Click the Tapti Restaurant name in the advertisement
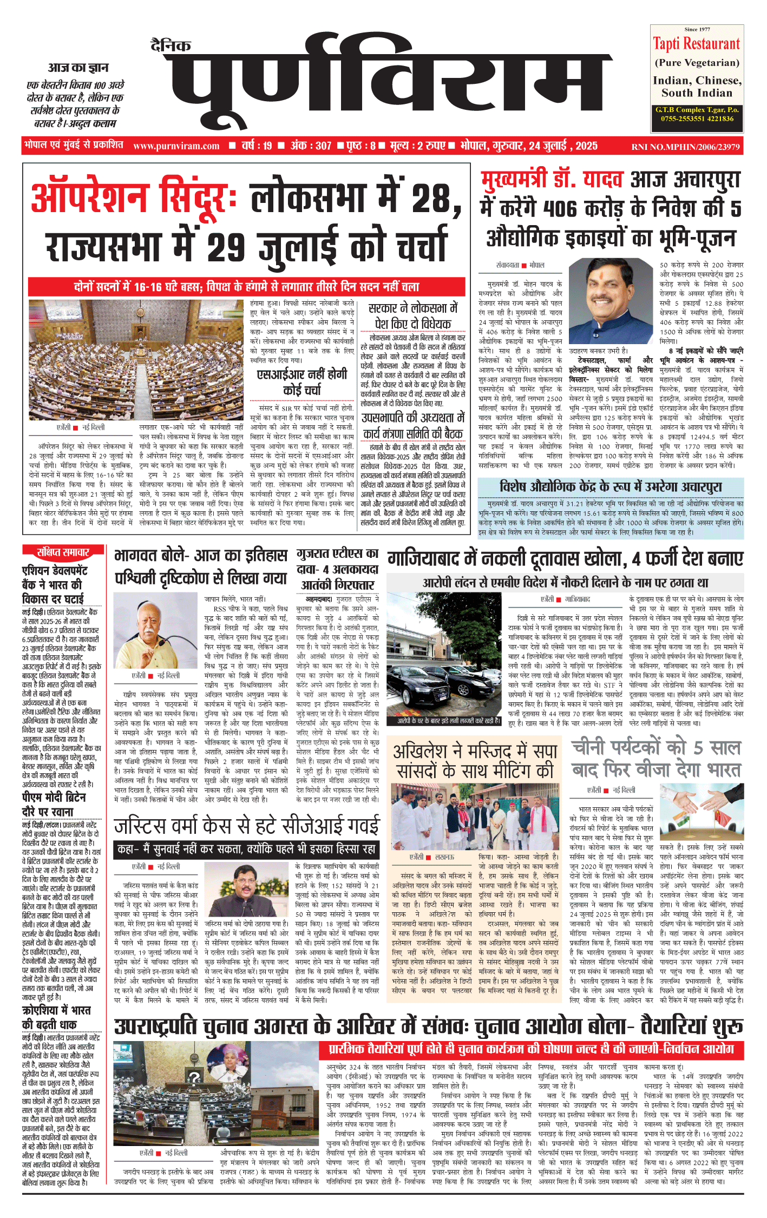pyautogui.click(x=696, y=44)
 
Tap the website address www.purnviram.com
pyautogui.click(x=176, y=146)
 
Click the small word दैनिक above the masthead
pyautogui.click(x=171, y=46)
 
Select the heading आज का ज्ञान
pyautogui.click(x=78, y=68)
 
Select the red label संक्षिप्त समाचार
pyautogui.click(x=63, y=552)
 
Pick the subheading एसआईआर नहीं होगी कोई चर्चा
pyautogui.click(x=301, y=382)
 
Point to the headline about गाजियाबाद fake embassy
pyautogui.click(x=565, y=559)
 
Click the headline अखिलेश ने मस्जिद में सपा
pyautogui.click(x=475, y=761)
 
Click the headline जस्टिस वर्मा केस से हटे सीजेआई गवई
pyautogui.click(x=247, y=826)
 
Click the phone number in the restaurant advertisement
pyautogui.click(x=696, y=118)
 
